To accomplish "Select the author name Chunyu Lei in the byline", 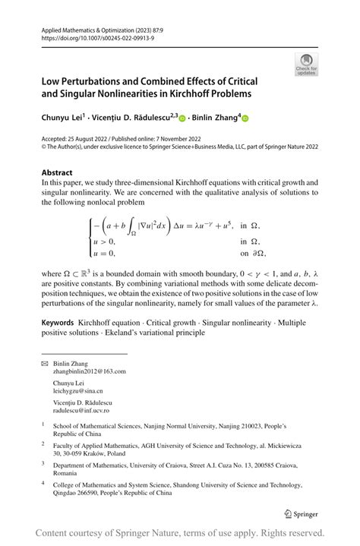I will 63,118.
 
